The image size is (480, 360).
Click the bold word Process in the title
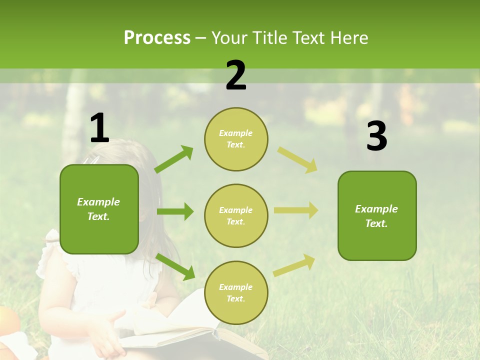tap(157, 37)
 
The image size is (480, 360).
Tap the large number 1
tap(99, 128)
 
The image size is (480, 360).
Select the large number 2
tap(236, 75)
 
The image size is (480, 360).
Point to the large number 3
tap(376, 136)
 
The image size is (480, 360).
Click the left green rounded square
tap(99, 209)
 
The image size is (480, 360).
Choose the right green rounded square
tap(377, 215)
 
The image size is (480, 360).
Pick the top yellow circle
tap(236, 139)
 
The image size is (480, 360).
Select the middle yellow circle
tap(236, 215)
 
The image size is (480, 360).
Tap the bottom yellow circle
tap(236, 292)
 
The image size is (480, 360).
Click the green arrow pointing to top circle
tap(174, 159)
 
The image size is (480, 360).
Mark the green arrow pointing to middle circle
tap(175, 211)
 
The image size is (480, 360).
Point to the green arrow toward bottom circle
tap(175, 266)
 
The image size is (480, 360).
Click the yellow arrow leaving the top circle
tap(297, 160)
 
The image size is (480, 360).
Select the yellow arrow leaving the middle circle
tap(295, 210)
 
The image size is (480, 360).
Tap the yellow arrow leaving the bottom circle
tap(294, 265)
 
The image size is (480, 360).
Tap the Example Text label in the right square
tap(376, 216)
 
